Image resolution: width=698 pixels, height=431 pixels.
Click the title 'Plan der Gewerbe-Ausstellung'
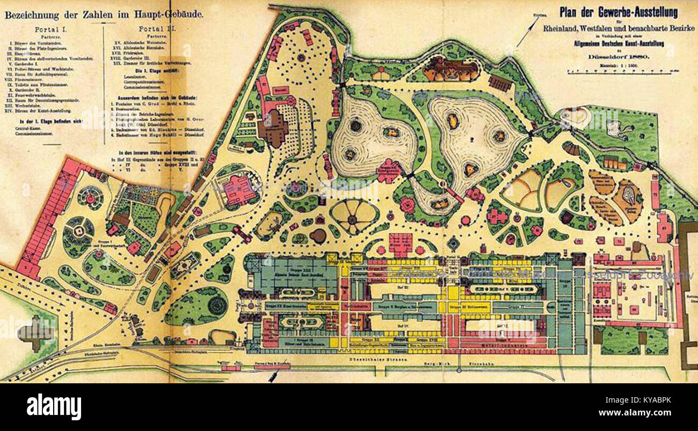[x=618, y=11]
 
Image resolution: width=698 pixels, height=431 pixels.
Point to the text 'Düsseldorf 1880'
[x=618, y=57]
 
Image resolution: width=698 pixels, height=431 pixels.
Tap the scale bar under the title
[x=617, y=72]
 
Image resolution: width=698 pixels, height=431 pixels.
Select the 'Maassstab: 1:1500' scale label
[x=618, y=65]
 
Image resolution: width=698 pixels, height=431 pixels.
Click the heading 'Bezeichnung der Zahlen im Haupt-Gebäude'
[x=104, y=15]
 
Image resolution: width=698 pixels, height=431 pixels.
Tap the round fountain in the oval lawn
[x=218, y=306]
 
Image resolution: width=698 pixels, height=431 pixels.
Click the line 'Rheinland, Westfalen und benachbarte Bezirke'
[x=618, y=28]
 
